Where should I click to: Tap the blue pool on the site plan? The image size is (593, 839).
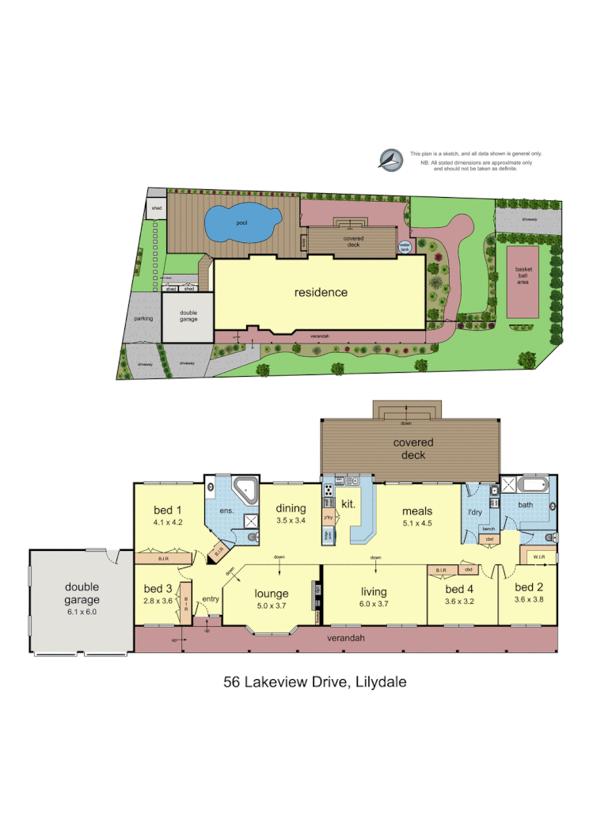click(x=242, y=225)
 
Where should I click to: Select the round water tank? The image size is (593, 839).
click(x=405, y=247)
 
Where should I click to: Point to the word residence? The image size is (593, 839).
click(x=321, y=292)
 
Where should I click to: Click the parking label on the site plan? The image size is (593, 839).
click(x=143, y=318)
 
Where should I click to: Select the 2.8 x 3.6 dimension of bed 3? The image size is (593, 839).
click(x=158, y=601)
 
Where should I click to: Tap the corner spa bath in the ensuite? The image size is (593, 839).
click(x=246, y=493)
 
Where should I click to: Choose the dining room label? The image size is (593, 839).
click(x=292, y=509)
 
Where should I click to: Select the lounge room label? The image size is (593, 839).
click(x=271, y=593)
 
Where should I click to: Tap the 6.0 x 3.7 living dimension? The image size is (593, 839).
click(x=374, y=605)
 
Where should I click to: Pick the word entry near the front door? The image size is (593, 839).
click(x=210, y=598)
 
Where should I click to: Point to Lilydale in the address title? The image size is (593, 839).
click(x=379, y=681)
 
